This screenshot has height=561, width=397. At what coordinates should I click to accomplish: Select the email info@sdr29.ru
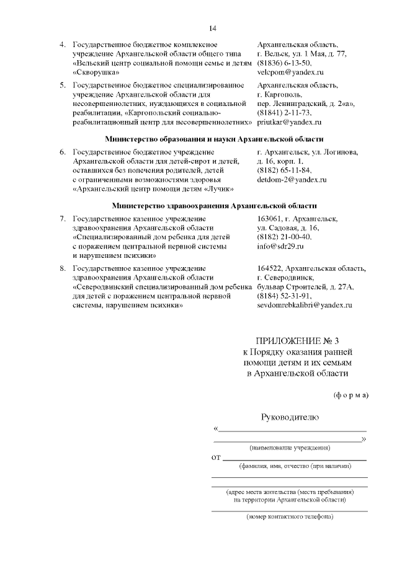click(280, 247)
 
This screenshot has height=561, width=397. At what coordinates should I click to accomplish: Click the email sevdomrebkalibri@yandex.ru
click(305, 306)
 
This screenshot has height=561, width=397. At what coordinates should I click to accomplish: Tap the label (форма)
click(351, 395)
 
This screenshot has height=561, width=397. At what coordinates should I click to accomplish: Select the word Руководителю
click(290, 417)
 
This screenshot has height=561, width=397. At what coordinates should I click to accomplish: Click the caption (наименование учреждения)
click(290, 448)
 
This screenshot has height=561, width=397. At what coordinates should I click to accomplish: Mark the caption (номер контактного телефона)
click(290, 516)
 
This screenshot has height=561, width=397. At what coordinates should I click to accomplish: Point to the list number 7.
click(62, 219)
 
